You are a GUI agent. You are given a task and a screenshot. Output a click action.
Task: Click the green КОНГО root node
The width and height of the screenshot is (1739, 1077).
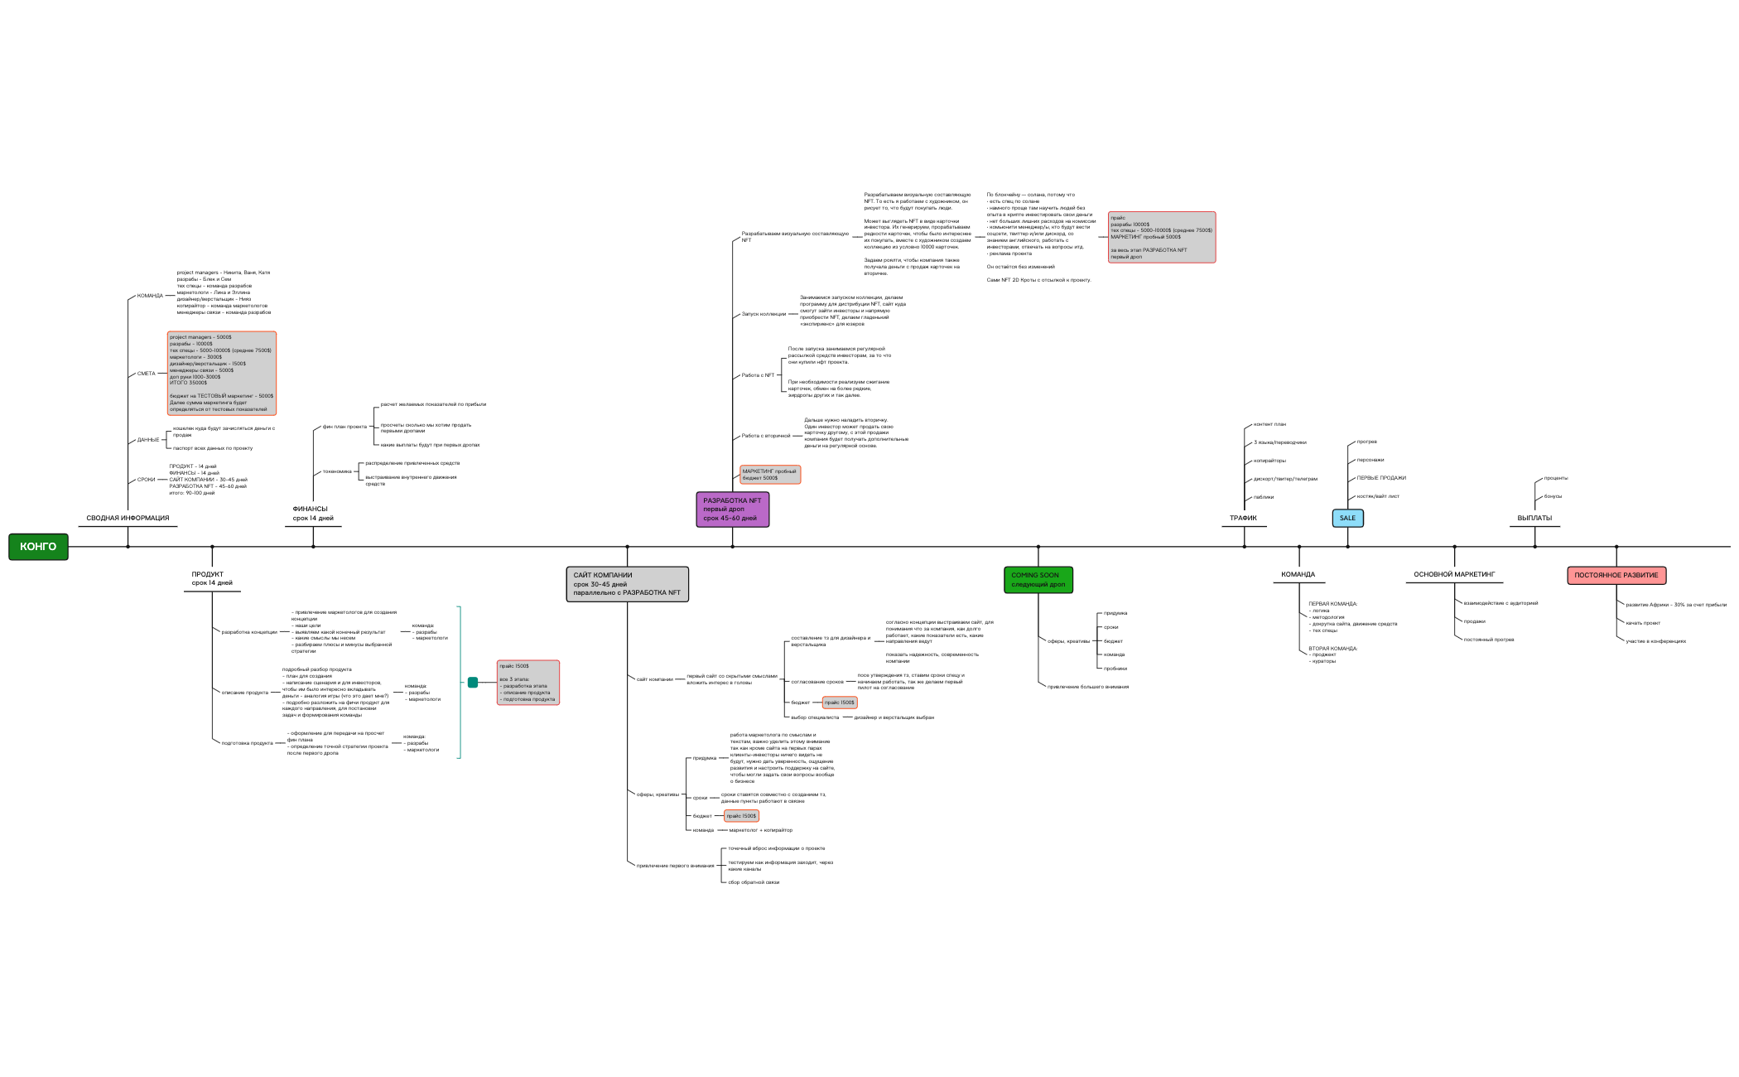(38, 547)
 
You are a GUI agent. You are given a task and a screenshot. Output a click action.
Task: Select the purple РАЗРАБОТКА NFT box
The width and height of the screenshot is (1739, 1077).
(732, 510)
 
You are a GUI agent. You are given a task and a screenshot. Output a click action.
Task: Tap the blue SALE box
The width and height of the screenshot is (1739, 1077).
(1347, 518)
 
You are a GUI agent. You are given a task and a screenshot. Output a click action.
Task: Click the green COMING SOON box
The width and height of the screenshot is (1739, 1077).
(1038, 579)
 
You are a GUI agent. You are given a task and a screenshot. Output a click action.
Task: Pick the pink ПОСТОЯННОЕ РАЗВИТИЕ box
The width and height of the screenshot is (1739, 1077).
(1616, 575)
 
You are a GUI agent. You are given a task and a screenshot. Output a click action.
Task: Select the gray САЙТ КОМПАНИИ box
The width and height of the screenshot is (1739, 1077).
(627, 583)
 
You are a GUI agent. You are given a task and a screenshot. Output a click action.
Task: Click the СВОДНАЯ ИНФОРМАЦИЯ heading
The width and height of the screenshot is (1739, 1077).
(128, 518)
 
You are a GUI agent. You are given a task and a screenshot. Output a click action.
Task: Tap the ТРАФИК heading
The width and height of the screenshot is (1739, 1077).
(1242, 518)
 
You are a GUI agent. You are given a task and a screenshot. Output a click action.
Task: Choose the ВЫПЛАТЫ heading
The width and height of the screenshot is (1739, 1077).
(1534, 518)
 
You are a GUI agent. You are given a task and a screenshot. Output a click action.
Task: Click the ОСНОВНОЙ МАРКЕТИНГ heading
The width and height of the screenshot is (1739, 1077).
(1454, 574)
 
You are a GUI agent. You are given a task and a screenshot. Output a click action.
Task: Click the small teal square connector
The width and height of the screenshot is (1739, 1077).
(473, 683)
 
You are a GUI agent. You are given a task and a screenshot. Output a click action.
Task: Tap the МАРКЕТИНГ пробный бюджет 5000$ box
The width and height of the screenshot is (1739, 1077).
(770, 475)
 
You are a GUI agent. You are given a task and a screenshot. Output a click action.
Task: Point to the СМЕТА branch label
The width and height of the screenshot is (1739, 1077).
(146, 374)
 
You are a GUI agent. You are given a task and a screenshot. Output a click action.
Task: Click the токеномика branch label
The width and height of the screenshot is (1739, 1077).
(337, 471)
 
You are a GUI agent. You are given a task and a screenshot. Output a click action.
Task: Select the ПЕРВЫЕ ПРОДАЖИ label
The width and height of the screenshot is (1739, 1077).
(1381, 478)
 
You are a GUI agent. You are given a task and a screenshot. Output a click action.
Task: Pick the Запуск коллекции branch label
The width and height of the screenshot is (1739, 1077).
(764, 314)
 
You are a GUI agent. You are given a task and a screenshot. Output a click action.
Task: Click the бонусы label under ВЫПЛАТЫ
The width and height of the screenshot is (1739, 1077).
(1553, 496)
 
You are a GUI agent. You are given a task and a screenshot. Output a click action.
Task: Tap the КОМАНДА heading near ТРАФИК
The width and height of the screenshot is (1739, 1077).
(1298, 574)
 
